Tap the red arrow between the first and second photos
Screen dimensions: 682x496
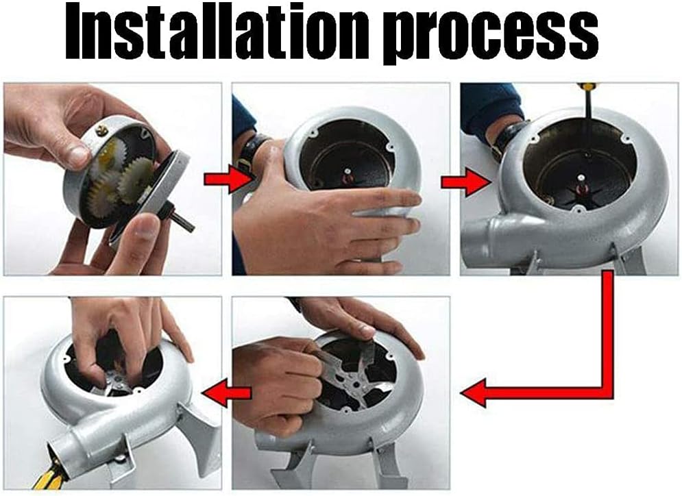pyautogui.click(x=226, y=179)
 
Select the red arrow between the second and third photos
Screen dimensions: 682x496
pyautogui.click(x=465, y=182)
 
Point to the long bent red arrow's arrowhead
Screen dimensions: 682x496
pyautogui.click(x=473, y=393)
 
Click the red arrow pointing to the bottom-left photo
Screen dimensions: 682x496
pyautogui.click(x=226, y=393)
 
